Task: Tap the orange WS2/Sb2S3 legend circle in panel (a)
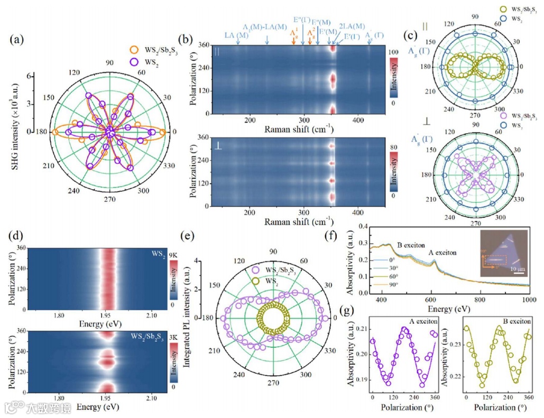tap(134, 49)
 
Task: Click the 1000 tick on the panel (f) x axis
tap(529, 302)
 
